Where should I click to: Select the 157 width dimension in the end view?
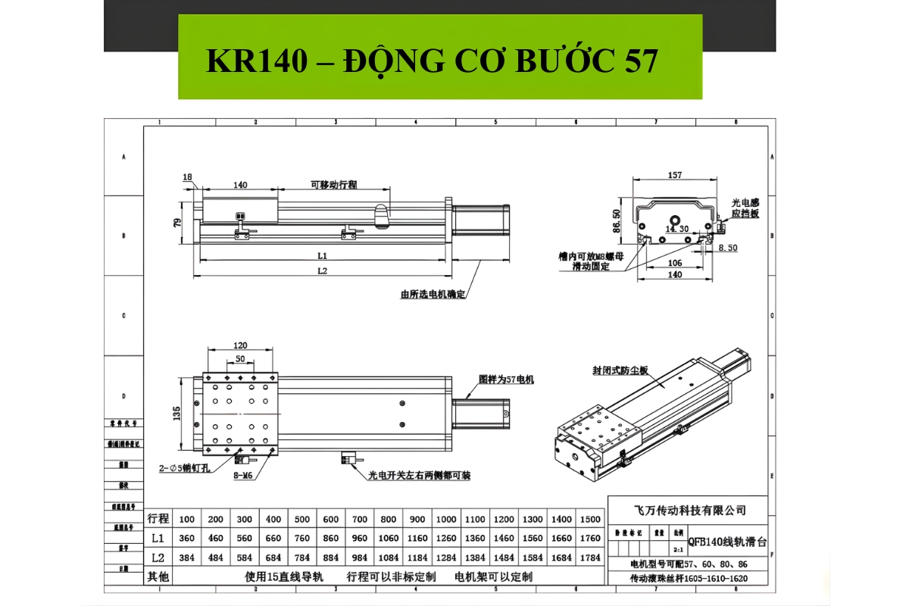(673, 175)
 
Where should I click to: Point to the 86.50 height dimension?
(617, 220)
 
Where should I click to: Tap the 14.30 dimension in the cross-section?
(677, 229)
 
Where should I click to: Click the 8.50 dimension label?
(727, 248)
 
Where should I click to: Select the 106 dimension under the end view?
(673, 263)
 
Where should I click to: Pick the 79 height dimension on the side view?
(177, 223)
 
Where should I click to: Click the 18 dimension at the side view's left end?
(187, 176)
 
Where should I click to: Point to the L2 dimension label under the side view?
(322, 270)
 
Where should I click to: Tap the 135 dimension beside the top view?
(176, 414)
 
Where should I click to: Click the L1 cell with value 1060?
(389, 539)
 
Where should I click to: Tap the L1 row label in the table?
(158, 539)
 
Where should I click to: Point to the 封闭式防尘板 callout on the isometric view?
(620, 371)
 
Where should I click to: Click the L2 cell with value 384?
(187, 558)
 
